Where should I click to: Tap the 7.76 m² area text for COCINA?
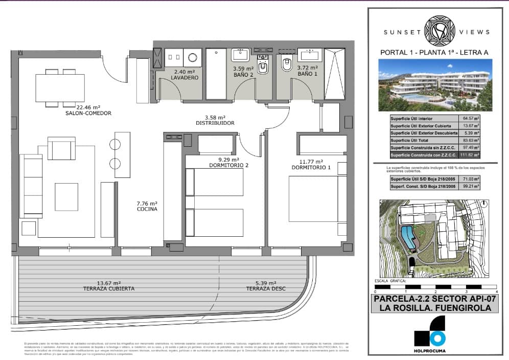(x=147, y=202)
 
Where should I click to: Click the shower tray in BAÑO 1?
(x=335, y=73)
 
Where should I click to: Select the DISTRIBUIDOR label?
(x=215, y=123)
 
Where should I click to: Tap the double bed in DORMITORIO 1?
(x=313, y=199)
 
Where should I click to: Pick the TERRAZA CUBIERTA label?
(x=108, y=289)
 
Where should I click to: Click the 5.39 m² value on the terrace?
(x=266, y=283)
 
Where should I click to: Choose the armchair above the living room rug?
(x=61, y=148)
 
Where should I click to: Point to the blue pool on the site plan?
(x=407, y=237)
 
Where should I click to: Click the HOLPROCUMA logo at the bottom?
(x=430, y=335)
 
